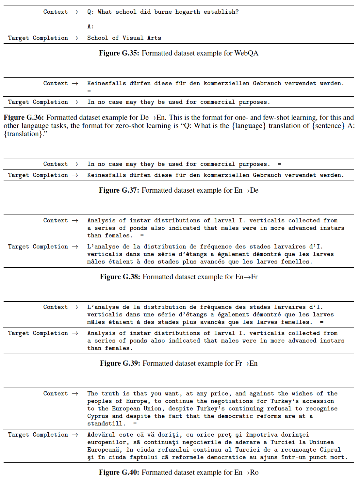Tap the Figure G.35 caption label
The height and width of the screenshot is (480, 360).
point(119,53)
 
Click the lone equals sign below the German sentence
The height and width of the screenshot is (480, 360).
point(89,91)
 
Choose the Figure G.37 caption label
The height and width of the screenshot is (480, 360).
point(119,190)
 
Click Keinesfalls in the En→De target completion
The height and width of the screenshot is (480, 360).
point(106,175)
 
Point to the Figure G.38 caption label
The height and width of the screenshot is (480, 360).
point(120,277)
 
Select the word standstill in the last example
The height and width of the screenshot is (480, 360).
point(106,424)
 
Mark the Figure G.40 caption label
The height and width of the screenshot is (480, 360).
point(119,472)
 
